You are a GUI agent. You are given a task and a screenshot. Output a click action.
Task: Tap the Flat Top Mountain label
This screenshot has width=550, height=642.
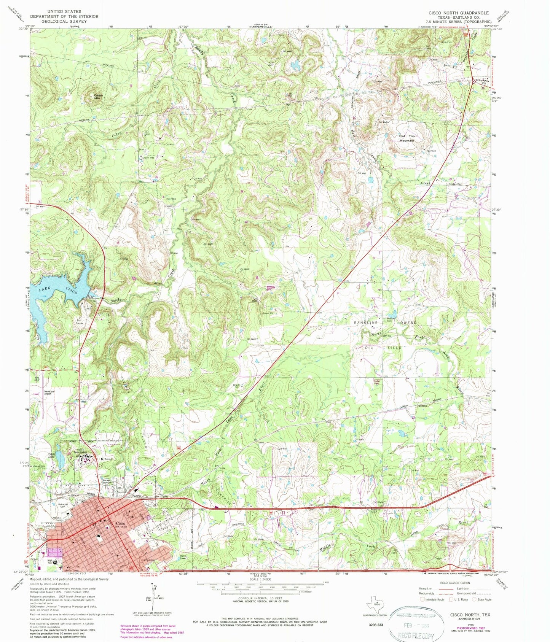point(406,138)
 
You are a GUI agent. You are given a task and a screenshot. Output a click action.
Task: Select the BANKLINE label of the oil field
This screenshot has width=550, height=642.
point(366,323)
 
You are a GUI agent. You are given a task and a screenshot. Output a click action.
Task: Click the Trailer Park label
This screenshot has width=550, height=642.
point(376,383)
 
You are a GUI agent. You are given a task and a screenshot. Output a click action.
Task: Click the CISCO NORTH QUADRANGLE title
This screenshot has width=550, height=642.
point(459,13)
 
